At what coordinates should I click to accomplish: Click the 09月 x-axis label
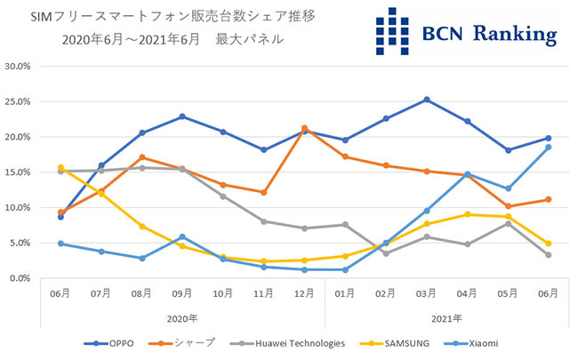click(x=181, y=292)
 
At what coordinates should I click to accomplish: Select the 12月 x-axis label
click(x=304, y=292)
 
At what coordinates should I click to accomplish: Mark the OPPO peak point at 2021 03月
click(x=427, y=100)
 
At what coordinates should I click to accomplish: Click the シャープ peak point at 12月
click(x=305, y=128)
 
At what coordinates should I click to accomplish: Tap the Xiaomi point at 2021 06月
click(x=549, y=147)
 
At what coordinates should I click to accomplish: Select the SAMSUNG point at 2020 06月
click(x=60, y=167)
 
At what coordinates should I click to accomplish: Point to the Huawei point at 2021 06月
click(x=549, y=255)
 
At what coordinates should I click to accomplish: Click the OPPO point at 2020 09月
click(x=182, y=116)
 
